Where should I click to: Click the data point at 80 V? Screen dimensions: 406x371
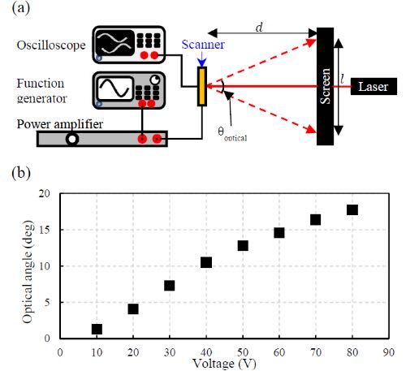pyautogui.click(x=352, y=209)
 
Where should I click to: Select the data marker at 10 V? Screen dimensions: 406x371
pyautogui.click(x=97, y=329)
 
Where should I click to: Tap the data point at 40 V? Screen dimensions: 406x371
pyautogui.click(x=206, y=262)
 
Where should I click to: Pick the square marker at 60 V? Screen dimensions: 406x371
pyautogui.click(x=279, y=233)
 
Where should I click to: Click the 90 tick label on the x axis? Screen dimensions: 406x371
pyautogui.click(x=389, y=352)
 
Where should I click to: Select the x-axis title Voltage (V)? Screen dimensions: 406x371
pyautogui.click(x=224, y=364)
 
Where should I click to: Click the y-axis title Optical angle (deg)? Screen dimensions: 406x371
pyautogui.click(x=28, y=272)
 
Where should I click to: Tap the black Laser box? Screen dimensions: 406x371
pyautogui.click(x=374, y=87)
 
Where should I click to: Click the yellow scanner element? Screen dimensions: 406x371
pyautogui.click(x=202, y=86)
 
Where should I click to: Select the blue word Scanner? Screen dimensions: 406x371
pyautogui.click(x=203, y=45)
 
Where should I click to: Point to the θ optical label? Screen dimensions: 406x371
pyautogui.click(x=232, y=134)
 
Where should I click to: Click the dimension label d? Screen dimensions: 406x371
pyautogui.click(x=259, y=28)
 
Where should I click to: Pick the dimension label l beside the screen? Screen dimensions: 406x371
pyautogui.click(x=343, y=80)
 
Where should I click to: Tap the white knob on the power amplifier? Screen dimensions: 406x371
pyautogui.click(x=72, y=139)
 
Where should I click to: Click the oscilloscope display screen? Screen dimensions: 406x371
pyautogui.click(x=115, y=43)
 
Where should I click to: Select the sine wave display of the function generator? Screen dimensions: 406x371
pyautogui.click(x=115, y=88)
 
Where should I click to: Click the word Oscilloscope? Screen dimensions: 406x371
pyautogui.click(x=51, y=45)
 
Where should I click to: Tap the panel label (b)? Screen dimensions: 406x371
pyautogui.click(x=21, y=173)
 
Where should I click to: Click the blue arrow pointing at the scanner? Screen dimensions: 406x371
pyautogui.click(x=202, y=59)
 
